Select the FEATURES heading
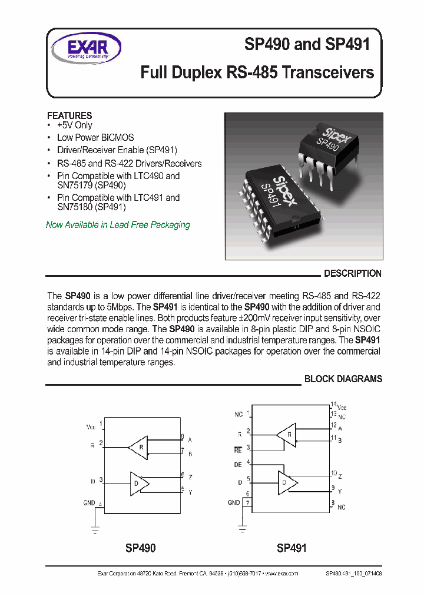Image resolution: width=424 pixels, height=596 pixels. click(69, 115)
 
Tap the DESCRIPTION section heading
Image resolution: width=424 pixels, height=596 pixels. click(353, 273)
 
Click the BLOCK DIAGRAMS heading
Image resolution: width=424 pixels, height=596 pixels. click(343, 379)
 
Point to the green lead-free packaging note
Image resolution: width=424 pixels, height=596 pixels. click(118, 225)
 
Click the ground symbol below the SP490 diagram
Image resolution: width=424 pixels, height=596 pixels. click(95, 529)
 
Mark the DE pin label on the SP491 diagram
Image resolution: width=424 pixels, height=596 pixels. click(238, 465)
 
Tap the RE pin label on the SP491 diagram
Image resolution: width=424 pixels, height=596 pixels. click(238, 449)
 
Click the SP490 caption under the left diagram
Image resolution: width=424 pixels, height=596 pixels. click(140, 548)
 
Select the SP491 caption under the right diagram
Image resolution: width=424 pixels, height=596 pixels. click(291, 548)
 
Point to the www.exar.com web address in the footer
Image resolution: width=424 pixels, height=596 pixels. click(281, 573)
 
